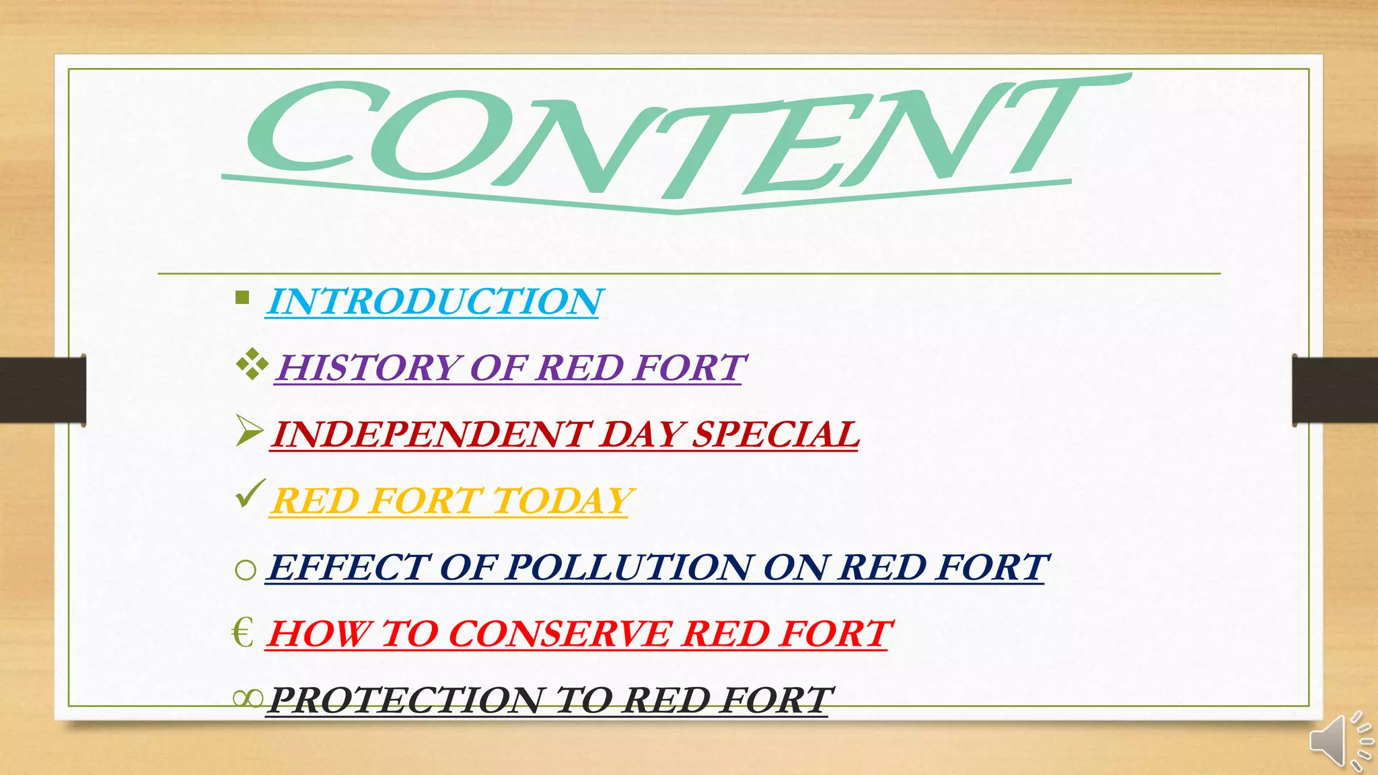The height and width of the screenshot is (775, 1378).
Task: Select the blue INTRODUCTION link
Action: click(434, 301)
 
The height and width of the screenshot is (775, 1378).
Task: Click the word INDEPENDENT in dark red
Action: click(431, 435)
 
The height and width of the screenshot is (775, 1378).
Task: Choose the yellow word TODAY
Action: click(563, 501)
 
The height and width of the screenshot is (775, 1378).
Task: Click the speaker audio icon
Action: click(1340, 740)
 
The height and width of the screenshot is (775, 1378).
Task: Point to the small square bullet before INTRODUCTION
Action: click(243, 297)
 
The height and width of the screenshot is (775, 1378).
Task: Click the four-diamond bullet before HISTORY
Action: click(252, 365)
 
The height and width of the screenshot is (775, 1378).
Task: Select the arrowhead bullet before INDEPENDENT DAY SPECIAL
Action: click(250, 431)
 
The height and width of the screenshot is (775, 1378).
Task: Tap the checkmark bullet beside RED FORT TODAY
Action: click(250, 494)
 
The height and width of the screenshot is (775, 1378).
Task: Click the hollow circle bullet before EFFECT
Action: click(246, 570)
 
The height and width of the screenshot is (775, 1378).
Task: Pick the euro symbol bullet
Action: click(242, 633)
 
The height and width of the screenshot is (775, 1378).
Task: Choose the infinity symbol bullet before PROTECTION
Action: click(248, 699)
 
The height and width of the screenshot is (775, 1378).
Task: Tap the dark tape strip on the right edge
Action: click(1335, 390)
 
